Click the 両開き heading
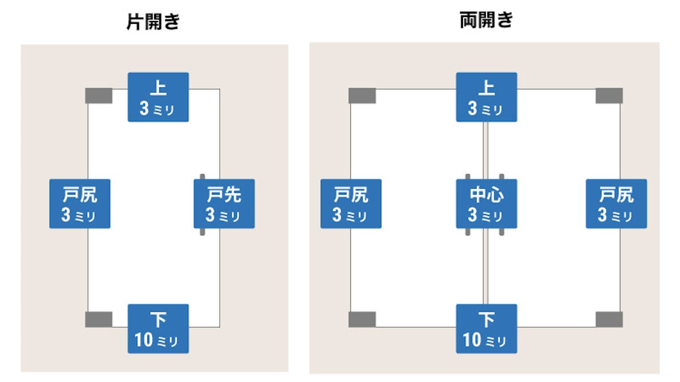(x=486, y=20)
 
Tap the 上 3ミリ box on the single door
(x=158, y=97)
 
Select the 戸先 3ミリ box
(x=224, y=203)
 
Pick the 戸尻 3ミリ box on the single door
(x=79, y=203)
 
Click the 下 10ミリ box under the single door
(x=158, y=329)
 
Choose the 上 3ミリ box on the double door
(x=486, y=97)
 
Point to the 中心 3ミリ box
(x=486, y=203)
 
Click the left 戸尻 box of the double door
(x=351, y=203)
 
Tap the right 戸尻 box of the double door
(x=616, y=203)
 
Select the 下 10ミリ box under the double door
(x=486, y=329)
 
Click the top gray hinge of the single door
(x=99, y=96)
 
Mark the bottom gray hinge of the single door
(x=99, y=319)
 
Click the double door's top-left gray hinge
(x=362, y=96)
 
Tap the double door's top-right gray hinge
(x=609, y=96)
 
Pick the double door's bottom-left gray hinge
(x=362, y=319)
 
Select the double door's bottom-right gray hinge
(x=609, y=319)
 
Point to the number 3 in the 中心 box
(x=473, y=215)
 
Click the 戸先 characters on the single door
(x=224, y=194)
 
